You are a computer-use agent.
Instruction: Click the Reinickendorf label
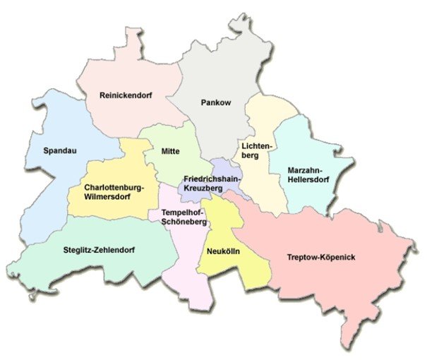[126, 94]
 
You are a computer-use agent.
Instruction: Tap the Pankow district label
[215, 102]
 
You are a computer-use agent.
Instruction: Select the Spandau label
[59, 150]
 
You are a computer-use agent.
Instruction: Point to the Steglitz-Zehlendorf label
[98, 250]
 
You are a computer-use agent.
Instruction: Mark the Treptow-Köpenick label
[321, 257]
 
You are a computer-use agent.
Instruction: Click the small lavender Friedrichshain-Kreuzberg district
[227, 169]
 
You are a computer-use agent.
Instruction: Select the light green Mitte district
[169, 166]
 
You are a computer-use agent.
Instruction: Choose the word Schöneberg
[184, 222]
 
